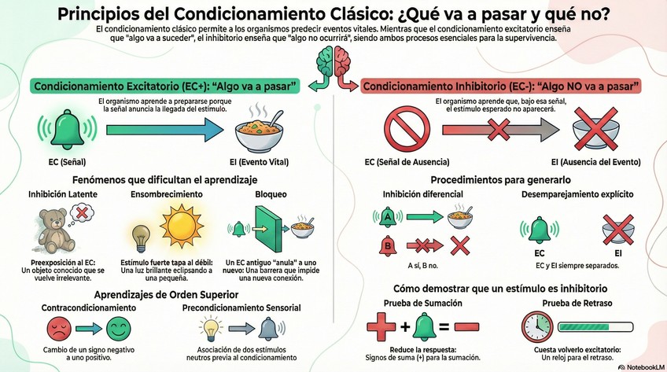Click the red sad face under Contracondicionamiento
click(57, 327)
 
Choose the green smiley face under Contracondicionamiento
click(116, 327)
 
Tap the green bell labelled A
click(387, 215)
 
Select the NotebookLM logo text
click(638, 366)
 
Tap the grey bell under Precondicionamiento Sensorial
click(267, 327)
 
